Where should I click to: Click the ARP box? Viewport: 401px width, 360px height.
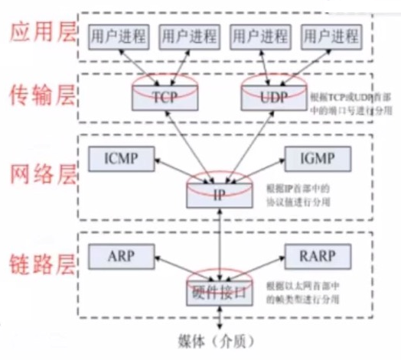click(x=113, y=256)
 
